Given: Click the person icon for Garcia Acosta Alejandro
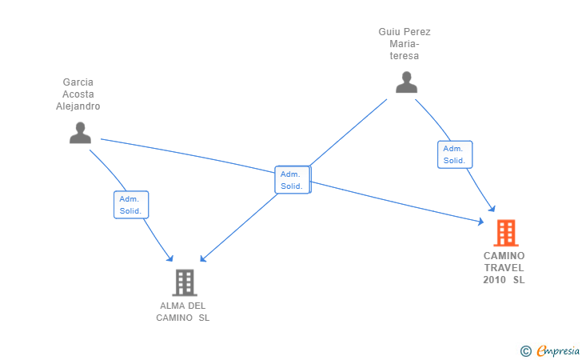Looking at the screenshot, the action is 80,133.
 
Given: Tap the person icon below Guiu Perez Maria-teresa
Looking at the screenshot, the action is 406,82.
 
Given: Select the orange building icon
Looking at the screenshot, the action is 506,233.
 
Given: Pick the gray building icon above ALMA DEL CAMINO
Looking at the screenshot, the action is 185,282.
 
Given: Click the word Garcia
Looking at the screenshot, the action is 78,82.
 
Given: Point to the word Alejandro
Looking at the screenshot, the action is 78,106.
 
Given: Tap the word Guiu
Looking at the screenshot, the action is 388,32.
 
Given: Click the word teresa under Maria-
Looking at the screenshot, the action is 405,56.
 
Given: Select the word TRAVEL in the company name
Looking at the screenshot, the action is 504,268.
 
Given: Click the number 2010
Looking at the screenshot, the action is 494,280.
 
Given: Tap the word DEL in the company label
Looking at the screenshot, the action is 197,306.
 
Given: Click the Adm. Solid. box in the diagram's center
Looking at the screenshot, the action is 293,180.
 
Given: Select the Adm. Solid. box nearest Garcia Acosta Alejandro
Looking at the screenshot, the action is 131,205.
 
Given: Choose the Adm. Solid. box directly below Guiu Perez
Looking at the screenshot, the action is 455,154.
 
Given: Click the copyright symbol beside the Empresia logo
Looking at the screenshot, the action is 525,351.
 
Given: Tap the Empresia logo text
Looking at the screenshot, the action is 558,350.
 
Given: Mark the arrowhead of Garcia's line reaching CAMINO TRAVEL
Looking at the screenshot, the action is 481,222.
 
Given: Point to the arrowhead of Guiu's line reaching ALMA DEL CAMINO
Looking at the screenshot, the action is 203,258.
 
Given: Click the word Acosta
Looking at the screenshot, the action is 78,94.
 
